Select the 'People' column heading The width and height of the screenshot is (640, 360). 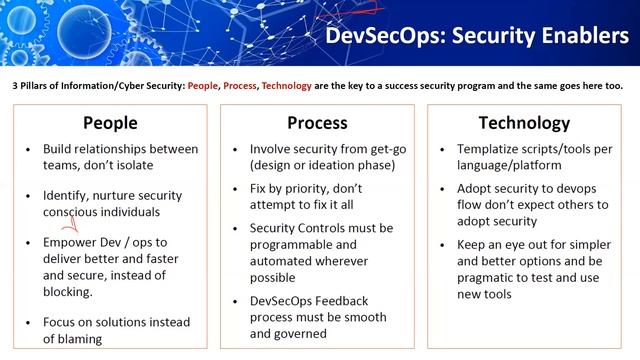110,123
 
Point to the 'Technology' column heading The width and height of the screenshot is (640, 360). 524,123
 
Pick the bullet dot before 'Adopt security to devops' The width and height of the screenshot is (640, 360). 444,188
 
